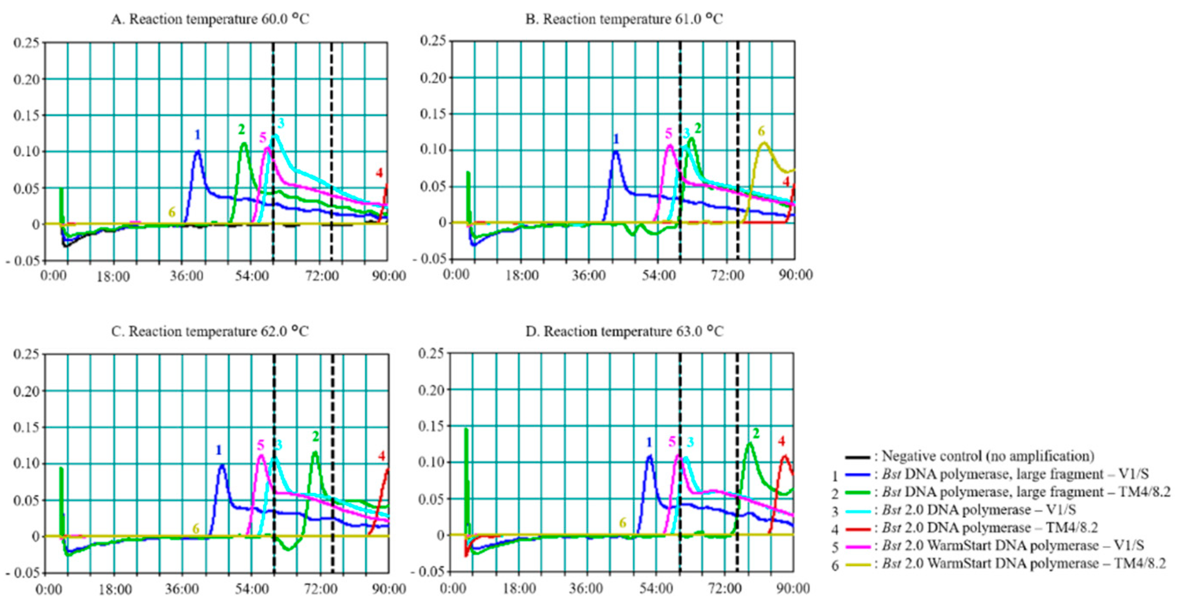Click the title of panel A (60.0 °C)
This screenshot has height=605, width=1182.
210,19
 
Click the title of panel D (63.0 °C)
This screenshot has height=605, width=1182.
624,331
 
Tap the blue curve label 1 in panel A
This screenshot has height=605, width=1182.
197,134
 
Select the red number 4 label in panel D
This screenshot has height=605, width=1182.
781,442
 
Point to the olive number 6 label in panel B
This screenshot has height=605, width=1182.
761,131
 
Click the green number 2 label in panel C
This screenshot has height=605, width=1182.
316,436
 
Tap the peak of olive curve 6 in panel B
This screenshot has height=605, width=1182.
764,143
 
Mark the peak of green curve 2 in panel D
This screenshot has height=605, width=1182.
750,443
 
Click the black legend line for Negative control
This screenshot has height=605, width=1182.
857,457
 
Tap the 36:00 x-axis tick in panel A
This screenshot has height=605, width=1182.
186,276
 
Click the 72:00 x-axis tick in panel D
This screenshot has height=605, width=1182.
725,589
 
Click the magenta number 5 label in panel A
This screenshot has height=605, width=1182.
262,137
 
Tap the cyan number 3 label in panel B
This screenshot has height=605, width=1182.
687,133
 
